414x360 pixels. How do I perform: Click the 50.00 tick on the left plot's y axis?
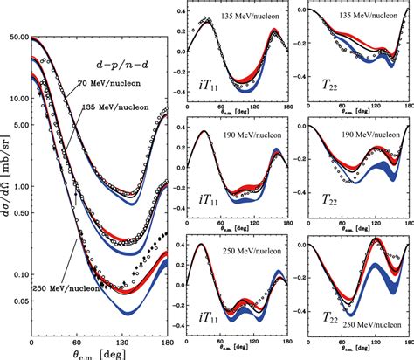[15, 38]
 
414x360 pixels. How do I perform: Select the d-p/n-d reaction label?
[119, 64]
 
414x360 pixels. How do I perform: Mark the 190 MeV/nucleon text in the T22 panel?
[357, 136]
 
